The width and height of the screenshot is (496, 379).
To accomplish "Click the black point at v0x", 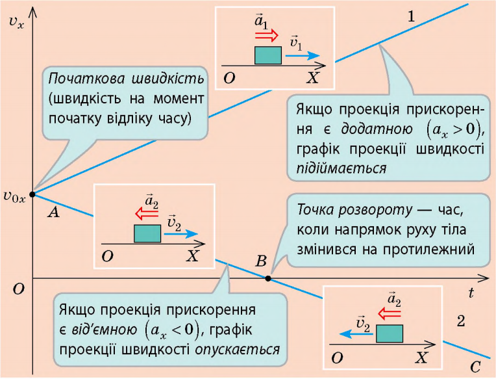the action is pos(32,194).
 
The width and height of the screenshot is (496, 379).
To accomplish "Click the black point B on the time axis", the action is pos(268,279).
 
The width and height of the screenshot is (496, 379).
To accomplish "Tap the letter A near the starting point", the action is pos(54,212).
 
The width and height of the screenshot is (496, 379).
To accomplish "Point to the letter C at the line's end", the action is pos(475,367).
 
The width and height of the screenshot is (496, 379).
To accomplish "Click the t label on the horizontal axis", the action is pos(471,293).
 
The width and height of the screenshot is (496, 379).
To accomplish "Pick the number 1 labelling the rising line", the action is pos(411,16).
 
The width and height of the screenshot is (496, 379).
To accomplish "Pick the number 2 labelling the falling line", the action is pos(461,321).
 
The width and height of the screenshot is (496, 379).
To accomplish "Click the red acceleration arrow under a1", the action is pos(267,36).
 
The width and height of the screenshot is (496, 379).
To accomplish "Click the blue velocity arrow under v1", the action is pos(303,56).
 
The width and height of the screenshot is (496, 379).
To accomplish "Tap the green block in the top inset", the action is pos(268,55).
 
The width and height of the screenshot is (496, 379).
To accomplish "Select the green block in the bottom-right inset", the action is pos(390,333).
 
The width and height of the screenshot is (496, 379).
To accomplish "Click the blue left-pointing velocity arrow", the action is pos(357,333).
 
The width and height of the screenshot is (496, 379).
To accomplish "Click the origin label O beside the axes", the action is pos(18,289).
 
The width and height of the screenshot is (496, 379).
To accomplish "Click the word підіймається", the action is pos(341,168).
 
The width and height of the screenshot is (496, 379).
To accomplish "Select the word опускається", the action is pos(237,350).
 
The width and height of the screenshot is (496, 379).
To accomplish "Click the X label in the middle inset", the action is pos(192,255).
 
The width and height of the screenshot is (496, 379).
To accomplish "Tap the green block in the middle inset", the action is pos(147,233).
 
